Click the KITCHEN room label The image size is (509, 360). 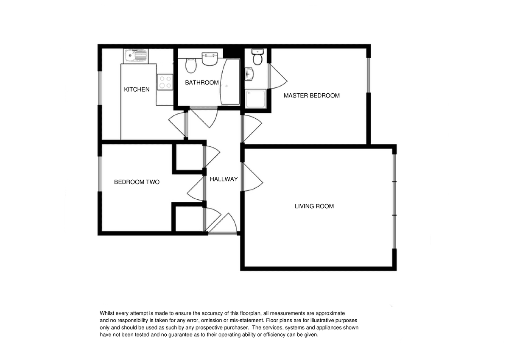(x=137, y=89)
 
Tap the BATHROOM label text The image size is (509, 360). (x=202, y=83)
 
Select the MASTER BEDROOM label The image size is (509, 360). (x=311, y=96)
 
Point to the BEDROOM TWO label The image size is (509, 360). (x=137, y=182)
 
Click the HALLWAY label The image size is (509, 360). (x=224, y=179)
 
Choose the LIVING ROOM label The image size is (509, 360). (x=314, y=206)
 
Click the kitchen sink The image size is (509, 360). (x=136, y=56)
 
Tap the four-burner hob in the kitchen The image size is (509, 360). (x=165, y=82)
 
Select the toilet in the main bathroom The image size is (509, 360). (x=191, y=66)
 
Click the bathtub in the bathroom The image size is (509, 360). (x=230, y=82)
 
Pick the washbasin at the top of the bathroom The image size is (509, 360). (x=210, y=59)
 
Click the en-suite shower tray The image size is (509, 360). (x=256, y=98)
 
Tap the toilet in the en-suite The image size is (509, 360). (x=257, y=57)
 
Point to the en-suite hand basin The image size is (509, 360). (x=249, y=74)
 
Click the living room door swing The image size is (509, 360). (x=252, y=177)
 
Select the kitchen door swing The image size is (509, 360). (x=178, y=125)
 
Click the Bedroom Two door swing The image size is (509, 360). (x=196, y=189)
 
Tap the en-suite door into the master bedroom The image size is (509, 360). (x=277, y=76)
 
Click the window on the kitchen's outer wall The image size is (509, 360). (x=100, y=88)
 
